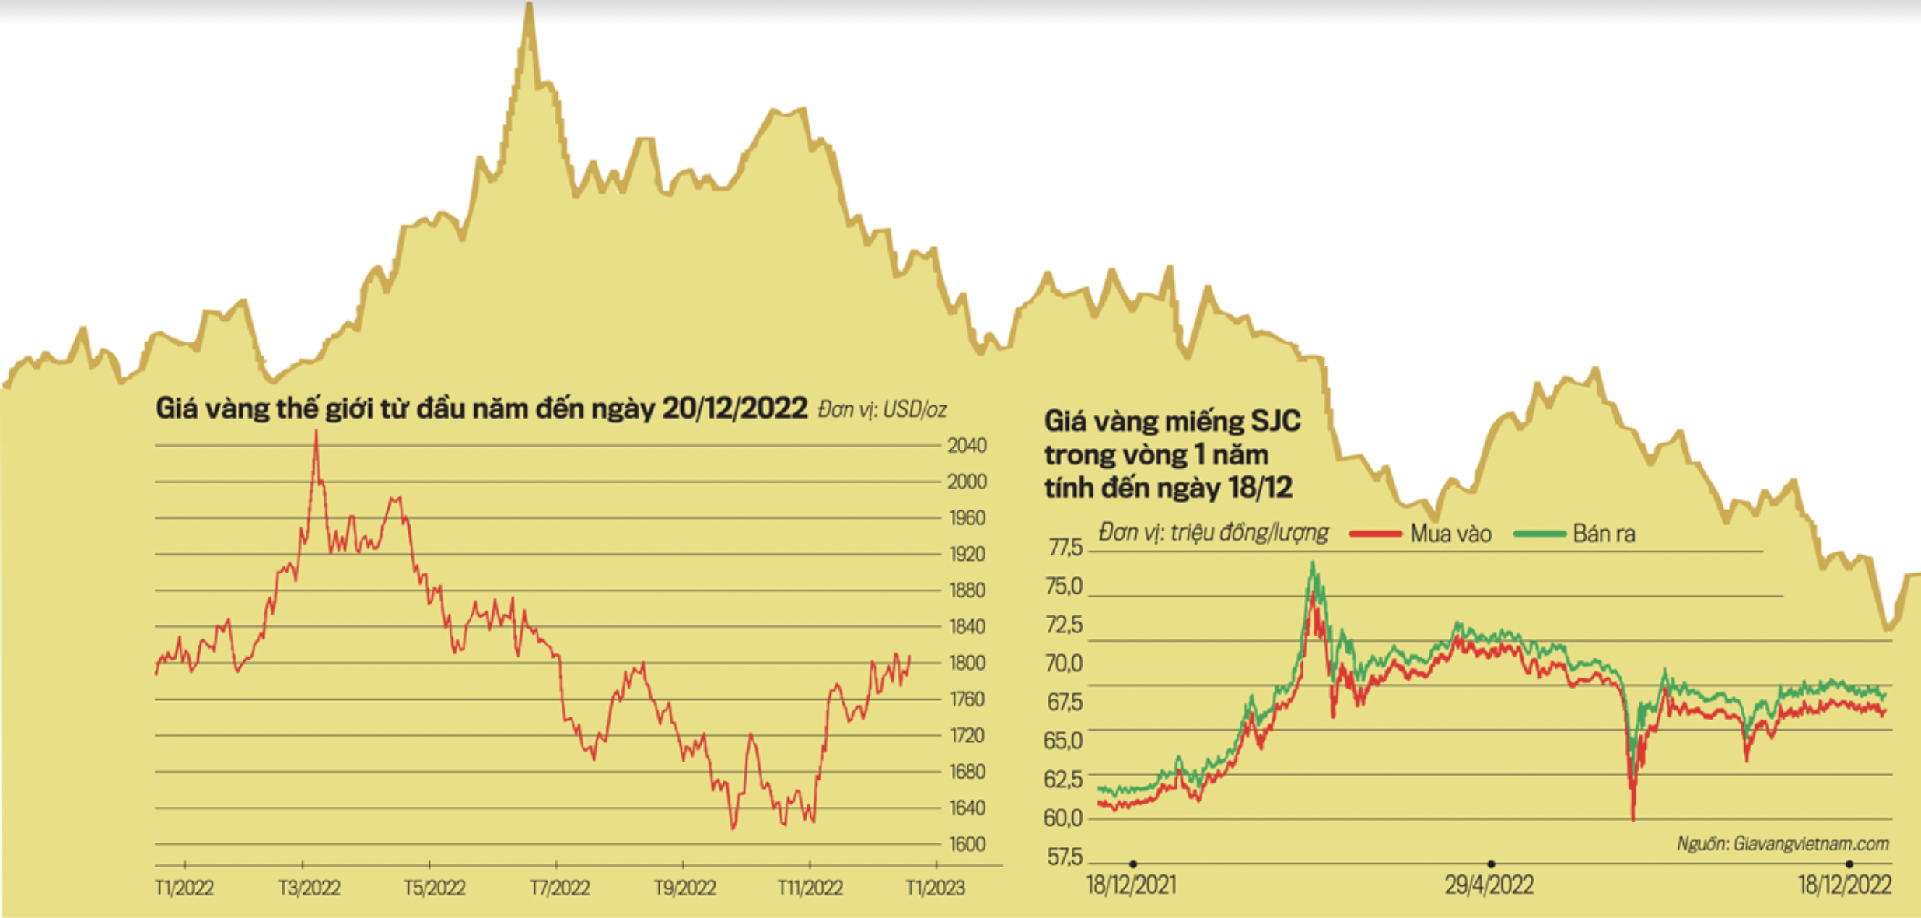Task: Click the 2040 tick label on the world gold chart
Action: click(x=966, y=446)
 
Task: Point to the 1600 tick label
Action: click(x=966, y=844)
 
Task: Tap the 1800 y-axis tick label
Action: click(x=966, y=663)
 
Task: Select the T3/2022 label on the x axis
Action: click(x=310, y=888)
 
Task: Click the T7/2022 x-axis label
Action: click(x=560, y=888)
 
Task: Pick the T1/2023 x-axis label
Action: click(x=935, y=888)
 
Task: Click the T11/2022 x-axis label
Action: click(x=810, y=888)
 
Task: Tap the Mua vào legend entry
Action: click(x=1450, y=534)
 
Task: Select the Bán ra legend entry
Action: click(x=1603, y=534)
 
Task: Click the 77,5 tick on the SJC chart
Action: click(x=1065, y=548)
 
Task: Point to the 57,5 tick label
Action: click(x=1065, y=857)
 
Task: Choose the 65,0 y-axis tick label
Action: click(x=1063, y=741)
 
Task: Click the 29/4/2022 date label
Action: click(x=1489, y=885)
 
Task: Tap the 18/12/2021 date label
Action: click(x=1132, y=885)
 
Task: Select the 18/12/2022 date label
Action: click(x=1844, y=885)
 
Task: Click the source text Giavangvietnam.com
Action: click(x=1783, y=844)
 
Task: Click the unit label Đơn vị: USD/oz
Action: click(x=882, y=410)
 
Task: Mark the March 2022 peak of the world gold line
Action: click(x=316, y=433)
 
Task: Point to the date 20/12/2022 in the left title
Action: click(x=734, y=408)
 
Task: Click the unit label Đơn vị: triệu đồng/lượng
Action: click(x=1213, y=533)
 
